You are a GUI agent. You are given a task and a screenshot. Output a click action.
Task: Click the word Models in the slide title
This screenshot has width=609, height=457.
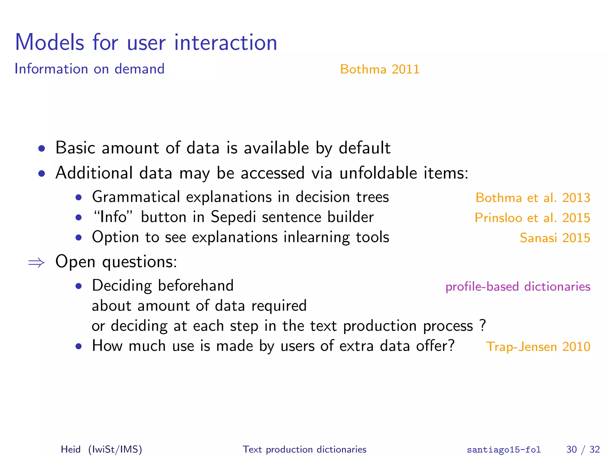[x=50, y=43]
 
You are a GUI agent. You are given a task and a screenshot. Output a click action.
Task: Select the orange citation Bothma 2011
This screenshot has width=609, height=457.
[x=379, y=69]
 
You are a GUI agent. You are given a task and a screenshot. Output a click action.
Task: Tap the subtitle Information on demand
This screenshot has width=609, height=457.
[x=89, y=69]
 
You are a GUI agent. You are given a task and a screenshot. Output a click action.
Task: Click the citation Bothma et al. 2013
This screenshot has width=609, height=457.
[x=533, y=198]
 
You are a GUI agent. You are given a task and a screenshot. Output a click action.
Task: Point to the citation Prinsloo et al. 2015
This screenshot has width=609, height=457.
[x=532, y=218]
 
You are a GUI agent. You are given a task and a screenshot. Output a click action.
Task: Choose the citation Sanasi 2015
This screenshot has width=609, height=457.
[x=555, y=238]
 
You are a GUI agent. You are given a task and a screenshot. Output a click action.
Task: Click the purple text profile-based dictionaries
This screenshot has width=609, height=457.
[x=518, y=287]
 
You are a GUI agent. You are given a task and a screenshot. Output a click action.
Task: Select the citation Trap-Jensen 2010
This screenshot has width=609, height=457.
[x=538, y=347]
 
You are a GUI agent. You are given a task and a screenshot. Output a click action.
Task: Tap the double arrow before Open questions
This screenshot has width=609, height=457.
[x=36, y=262]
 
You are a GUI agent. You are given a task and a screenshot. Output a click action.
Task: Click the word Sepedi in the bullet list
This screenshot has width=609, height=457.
[x=233, y=217]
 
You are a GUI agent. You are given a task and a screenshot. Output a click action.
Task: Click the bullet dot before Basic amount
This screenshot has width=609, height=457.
[x=42, y=148]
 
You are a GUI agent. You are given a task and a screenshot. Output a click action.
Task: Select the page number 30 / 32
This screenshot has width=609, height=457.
[x=583, y=449]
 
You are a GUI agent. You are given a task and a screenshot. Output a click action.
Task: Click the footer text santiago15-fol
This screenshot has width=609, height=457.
[x=503, y=450]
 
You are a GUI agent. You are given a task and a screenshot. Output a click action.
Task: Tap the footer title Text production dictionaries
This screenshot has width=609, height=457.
[x=304, y=449]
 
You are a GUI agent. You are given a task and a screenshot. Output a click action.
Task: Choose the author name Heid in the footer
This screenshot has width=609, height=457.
[x=70, y=449]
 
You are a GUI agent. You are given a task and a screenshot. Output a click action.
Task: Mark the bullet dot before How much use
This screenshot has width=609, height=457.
[x=79, y=346]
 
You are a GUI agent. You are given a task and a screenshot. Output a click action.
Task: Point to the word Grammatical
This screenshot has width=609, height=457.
[x=136, y=197]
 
